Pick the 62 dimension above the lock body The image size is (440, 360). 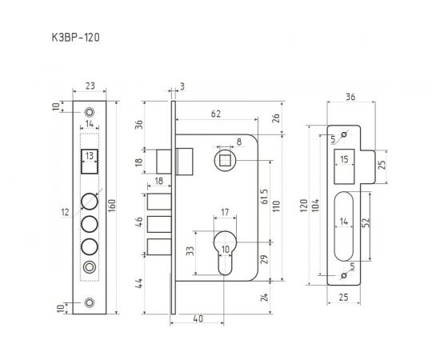[x=217, y=115]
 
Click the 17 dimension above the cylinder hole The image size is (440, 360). [x=225, y=213]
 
